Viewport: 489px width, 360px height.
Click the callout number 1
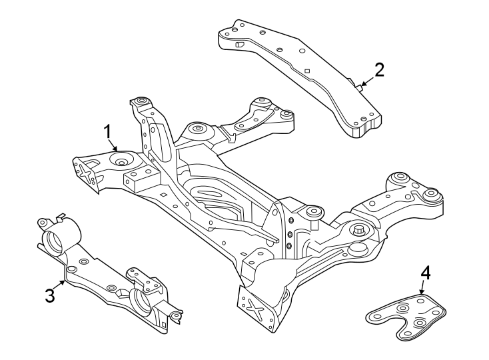[107, 132]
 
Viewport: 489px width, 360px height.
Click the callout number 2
[379, 70]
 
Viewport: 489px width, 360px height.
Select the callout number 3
[50, 295]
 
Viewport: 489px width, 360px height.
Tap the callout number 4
[425, 273]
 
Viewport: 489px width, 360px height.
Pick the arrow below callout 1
[115, 147]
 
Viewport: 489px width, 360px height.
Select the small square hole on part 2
[306, 71]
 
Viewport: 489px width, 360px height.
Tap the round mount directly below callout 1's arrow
[122, 161]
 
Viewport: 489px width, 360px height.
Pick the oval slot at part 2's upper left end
[239, 45]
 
